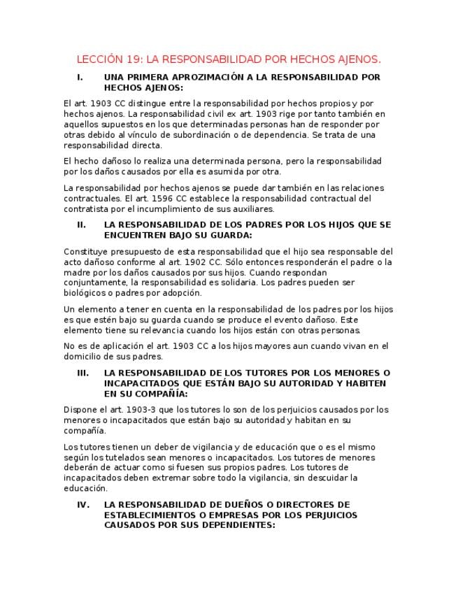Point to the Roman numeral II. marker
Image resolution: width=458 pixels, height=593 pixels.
(x=81, y=225)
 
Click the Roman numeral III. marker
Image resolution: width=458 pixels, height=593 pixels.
(x=83, y=373)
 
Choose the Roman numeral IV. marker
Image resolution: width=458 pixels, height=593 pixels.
(x=83, y=504)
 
